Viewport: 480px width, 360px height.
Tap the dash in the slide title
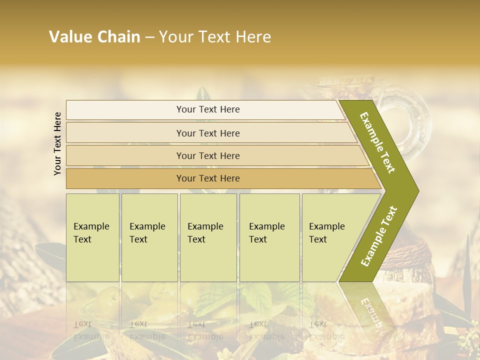tap(149, 37)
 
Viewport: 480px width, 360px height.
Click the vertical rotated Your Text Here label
tap(57, 143)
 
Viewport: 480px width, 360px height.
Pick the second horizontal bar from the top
tap(207, 133)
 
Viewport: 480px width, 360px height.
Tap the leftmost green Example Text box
tap(92, 237)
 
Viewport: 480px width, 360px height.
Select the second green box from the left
tap(149, 237)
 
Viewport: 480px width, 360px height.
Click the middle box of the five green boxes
tap(208, 237)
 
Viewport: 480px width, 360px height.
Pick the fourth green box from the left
tap(269, 237)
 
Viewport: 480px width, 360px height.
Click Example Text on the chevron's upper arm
tap(377, 142)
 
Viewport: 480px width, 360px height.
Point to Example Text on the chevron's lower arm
tap(378, 236)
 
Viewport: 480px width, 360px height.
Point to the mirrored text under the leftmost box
tap(89, 330)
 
